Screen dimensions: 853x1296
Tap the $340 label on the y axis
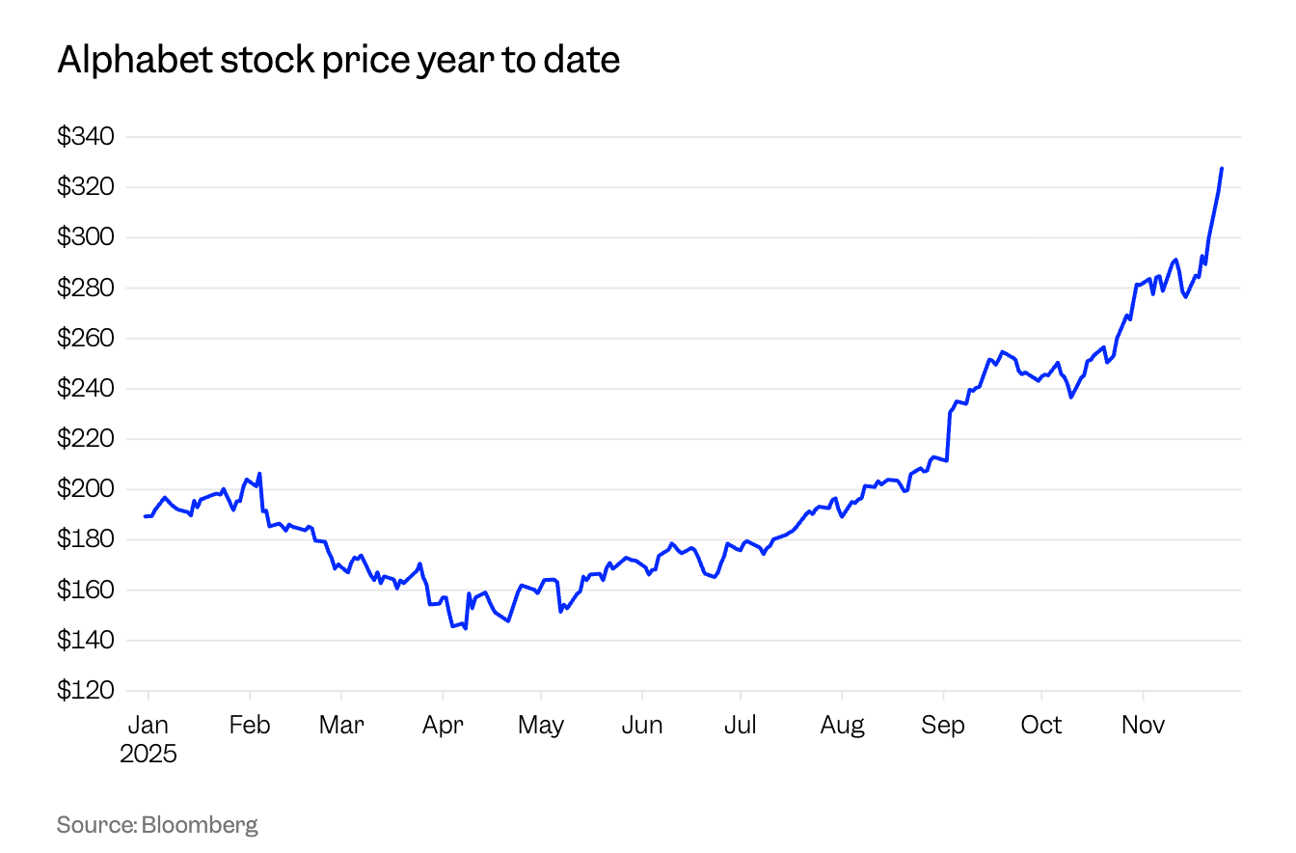[86, 137]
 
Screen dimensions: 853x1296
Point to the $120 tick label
[86, 691]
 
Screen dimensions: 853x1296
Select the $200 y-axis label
[86, 489]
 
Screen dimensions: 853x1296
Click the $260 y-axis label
[86, 339]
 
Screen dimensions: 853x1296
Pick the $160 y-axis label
[86, 591]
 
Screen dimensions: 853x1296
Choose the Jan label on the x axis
[148, 725]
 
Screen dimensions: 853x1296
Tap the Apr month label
[443, 725]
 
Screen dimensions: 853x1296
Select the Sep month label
[942, 725]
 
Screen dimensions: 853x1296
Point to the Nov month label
[1143, 725]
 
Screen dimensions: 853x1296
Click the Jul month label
[740, 725]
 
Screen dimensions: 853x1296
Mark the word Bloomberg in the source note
[200, 825]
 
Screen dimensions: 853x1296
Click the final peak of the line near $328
[1222, 169]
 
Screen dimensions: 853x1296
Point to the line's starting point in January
[145, 516]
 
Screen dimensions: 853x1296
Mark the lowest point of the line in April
[466, 629]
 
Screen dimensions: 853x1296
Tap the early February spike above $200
[260, 474]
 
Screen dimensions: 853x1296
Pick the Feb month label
[249, 725]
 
